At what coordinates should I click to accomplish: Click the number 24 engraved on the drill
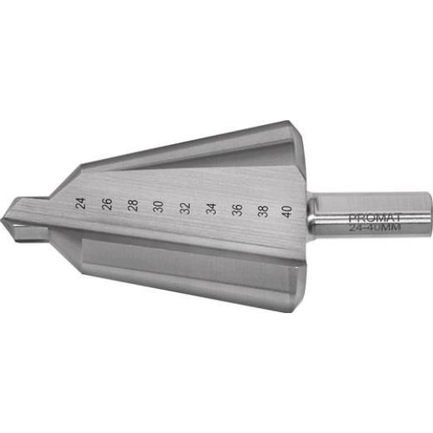(80, 202)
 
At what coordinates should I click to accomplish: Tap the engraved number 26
(107, 204)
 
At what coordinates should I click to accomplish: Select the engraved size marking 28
(132, 205)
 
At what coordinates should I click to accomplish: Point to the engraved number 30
(158, 207)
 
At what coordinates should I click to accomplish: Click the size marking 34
(212, 208)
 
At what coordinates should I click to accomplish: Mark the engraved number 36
(236, 209)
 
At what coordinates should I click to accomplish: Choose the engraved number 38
(262, 210)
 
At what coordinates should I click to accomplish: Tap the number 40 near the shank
(287, 211)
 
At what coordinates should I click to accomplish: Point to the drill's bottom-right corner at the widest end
(293, 310)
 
